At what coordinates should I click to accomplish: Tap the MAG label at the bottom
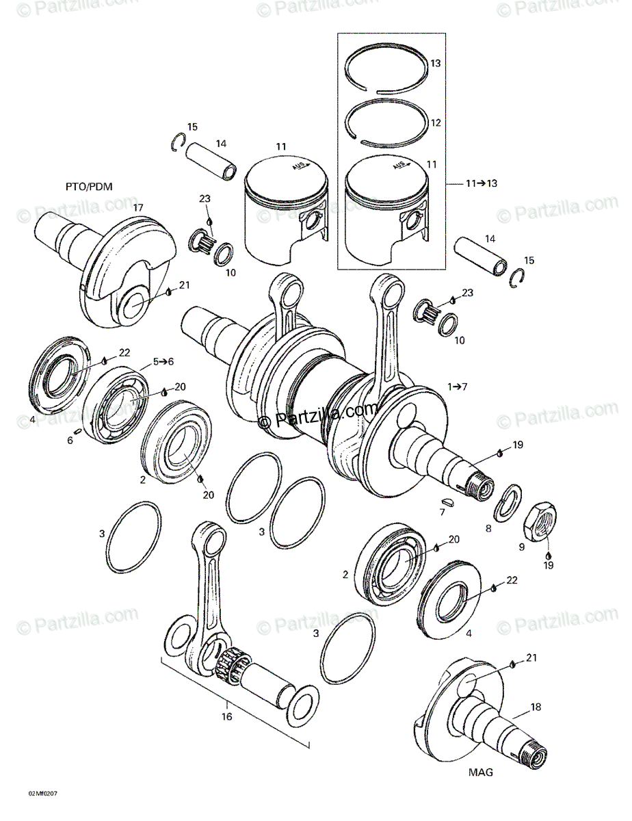[480, 772]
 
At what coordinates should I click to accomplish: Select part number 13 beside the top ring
[436, 64]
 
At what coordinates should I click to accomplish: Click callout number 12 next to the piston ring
[436, 123]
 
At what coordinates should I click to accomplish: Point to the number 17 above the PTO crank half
[138, 207]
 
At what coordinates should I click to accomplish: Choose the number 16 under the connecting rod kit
[227, 716]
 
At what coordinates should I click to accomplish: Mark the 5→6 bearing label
[163, 361]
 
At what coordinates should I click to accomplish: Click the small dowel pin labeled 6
[79, 430]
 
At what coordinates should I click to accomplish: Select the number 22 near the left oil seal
[124, 352]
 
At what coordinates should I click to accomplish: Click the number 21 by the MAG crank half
[531, 657]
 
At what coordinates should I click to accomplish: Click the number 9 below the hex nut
[521, 547]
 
